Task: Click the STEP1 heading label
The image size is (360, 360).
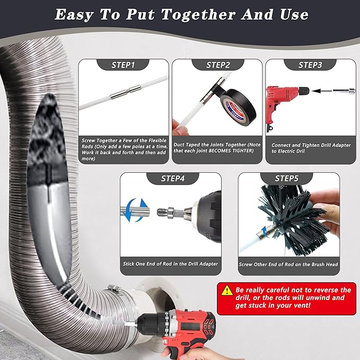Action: coord(123,65)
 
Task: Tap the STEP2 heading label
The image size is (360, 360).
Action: coord(217,65)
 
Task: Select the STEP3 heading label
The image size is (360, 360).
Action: coord(310,65)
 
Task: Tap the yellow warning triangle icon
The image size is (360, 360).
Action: coord(227,290)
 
